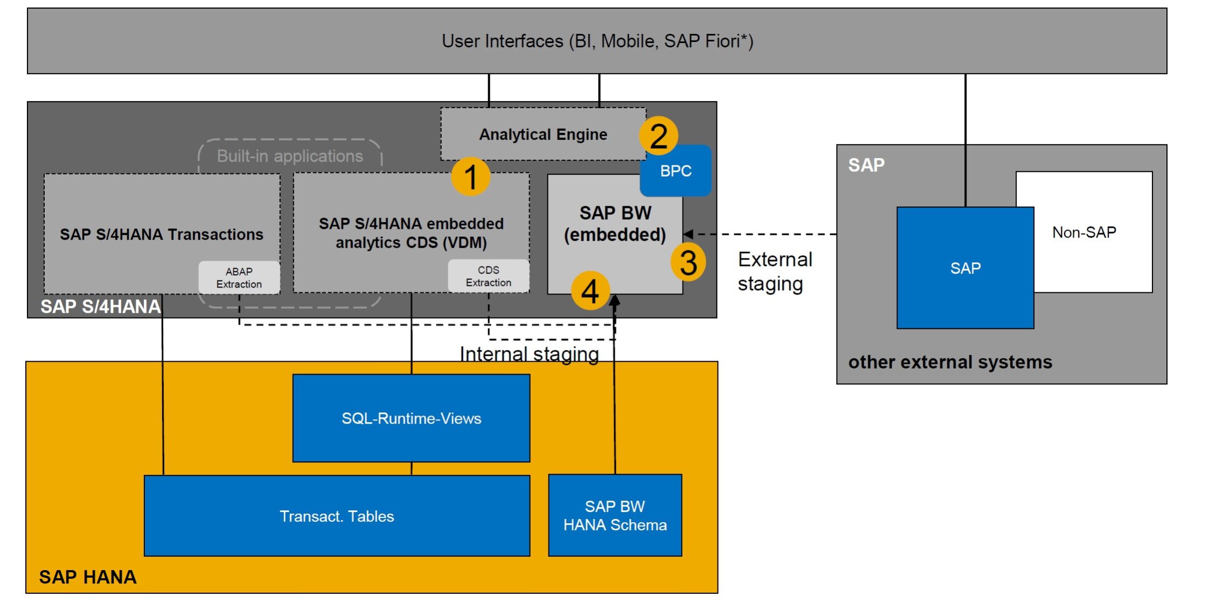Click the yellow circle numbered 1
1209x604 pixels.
[470, 177]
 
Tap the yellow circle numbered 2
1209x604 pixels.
[658, 136]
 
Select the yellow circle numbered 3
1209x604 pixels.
[688, 262]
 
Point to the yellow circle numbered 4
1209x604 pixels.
[590, 291]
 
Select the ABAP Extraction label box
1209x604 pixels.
[239, 278]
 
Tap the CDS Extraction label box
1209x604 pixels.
[488, 276]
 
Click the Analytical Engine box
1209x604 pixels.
[543, 134]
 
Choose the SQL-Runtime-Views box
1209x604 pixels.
[411, 418]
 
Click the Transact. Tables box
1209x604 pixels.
[337, 516]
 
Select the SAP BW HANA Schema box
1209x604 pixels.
[615, 515]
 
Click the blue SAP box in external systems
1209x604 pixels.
[965, 268]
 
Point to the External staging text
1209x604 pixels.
[774, 271]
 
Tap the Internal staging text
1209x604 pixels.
[529, 354]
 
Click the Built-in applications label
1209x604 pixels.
[290, 156]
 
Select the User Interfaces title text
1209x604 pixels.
[597, 41]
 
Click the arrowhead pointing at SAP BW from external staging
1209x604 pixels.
[688, 234]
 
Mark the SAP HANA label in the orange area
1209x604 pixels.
[88, 577]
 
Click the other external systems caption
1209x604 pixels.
[950, 362]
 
